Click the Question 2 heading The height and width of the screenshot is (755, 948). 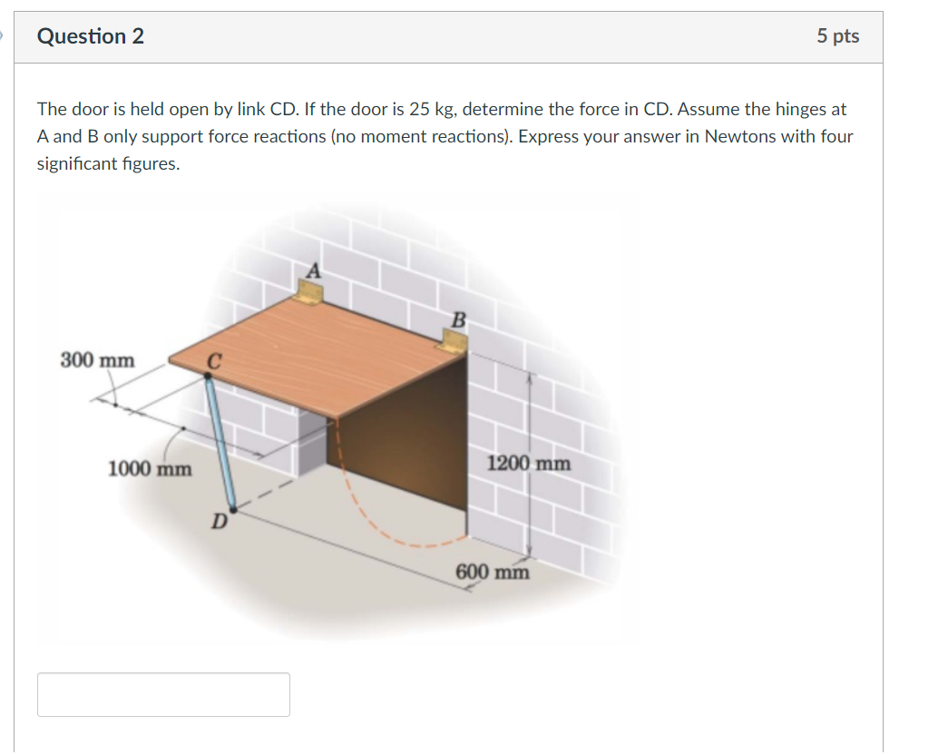coord(90,36)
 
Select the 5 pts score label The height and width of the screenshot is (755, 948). coord(836,36)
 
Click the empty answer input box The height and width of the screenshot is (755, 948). coord(163,694)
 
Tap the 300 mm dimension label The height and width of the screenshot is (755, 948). coord(97,360)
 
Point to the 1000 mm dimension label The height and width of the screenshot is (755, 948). coord(150,469)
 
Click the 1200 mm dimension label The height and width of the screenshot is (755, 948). coord(529,464)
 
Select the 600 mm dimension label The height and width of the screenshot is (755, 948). coord(492,572)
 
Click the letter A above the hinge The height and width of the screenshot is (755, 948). coord(314,270)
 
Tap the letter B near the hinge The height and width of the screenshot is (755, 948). coord(458,319)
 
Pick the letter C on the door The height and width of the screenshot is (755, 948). coord(213,361)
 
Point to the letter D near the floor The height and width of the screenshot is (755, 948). coord(219,522)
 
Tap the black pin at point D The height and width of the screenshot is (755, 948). coord(231,509)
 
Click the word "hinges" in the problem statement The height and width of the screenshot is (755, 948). coord(805,110)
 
